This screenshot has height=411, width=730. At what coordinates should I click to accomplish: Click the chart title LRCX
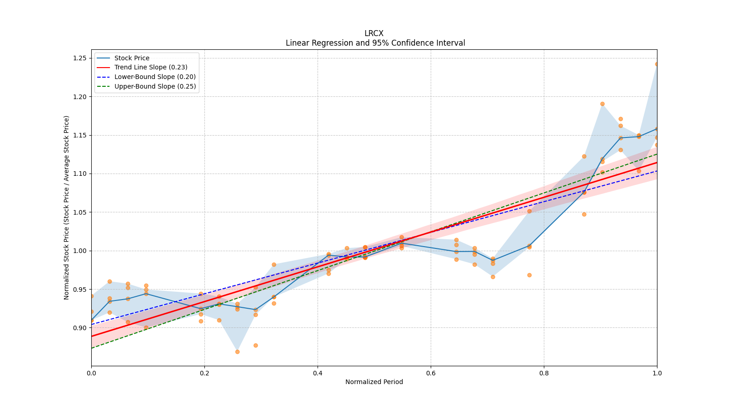point(374,33)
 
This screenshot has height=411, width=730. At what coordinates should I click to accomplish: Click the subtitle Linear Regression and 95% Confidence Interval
point(375,43)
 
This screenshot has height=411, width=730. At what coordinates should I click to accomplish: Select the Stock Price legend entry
point(132,58)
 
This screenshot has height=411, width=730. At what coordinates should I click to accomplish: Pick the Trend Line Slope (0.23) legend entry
point(151,67)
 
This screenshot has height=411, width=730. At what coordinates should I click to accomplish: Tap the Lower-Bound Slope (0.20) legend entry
point(155,77)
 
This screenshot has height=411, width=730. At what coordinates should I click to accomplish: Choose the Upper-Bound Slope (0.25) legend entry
point(155,86)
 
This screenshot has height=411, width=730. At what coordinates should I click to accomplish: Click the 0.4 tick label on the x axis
point(318,373)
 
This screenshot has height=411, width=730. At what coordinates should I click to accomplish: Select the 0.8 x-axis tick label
point(544,373)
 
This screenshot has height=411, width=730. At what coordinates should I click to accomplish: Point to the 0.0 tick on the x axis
point(91,373)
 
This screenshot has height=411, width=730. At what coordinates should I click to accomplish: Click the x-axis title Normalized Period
point(374,382)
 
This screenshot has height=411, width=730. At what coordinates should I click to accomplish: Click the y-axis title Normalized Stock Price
point(67,207)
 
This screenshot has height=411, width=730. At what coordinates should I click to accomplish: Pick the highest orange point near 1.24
point(657,64)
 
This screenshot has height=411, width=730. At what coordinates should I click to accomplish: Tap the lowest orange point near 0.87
point(237,352)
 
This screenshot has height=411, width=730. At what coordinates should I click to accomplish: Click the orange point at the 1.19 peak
point(602,104)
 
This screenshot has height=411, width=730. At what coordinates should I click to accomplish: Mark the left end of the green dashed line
point(92,348)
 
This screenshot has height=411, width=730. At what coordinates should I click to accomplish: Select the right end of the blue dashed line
point(657,171)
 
